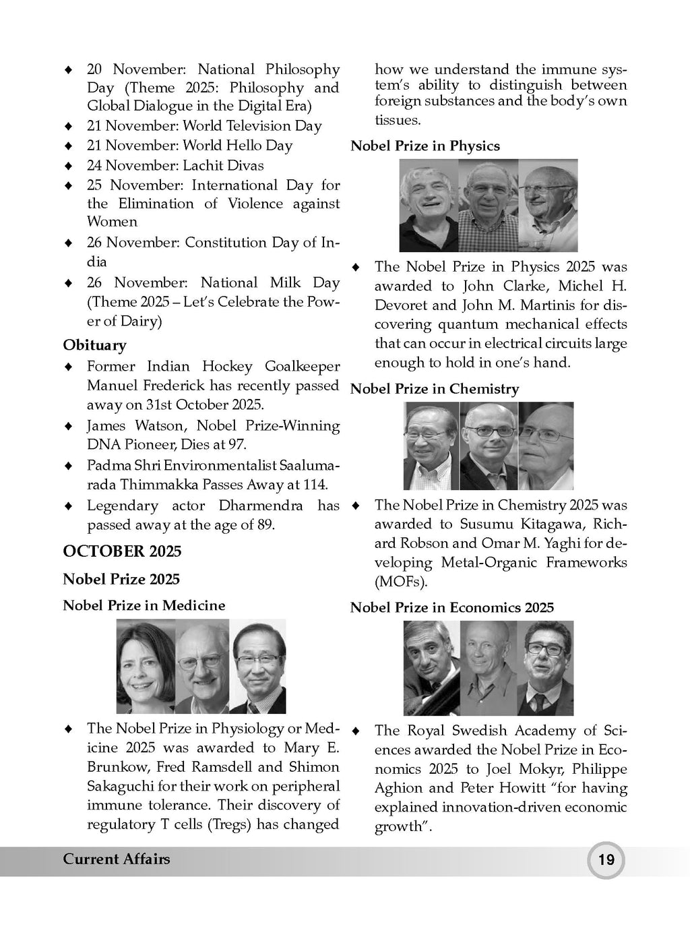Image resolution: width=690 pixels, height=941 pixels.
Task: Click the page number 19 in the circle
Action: click(606, 860)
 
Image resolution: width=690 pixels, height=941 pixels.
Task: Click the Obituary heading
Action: click(94, 345)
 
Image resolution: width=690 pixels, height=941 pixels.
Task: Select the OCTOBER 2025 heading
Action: click(122, 551)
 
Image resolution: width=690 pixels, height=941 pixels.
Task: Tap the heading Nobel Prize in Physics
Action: click(425, 146)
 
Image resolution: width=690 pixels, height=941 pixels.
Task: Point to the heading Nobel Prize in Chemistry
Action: click(434, 389)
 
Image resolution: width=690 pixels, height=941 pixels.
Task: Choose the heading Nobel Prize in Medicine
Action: click(144, 605)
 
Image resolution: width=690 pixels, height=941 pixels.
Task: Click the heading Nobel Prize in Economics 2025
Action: click(451, 607)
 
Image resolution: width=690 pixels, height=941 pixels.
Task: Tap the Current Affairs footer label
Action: click(116, 859)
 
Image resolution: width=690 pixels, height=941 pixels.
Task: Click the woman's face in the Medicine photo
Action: click(145, 664)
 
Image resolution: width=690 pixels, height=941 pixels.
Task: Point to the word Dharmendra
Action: click(263, 506)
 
